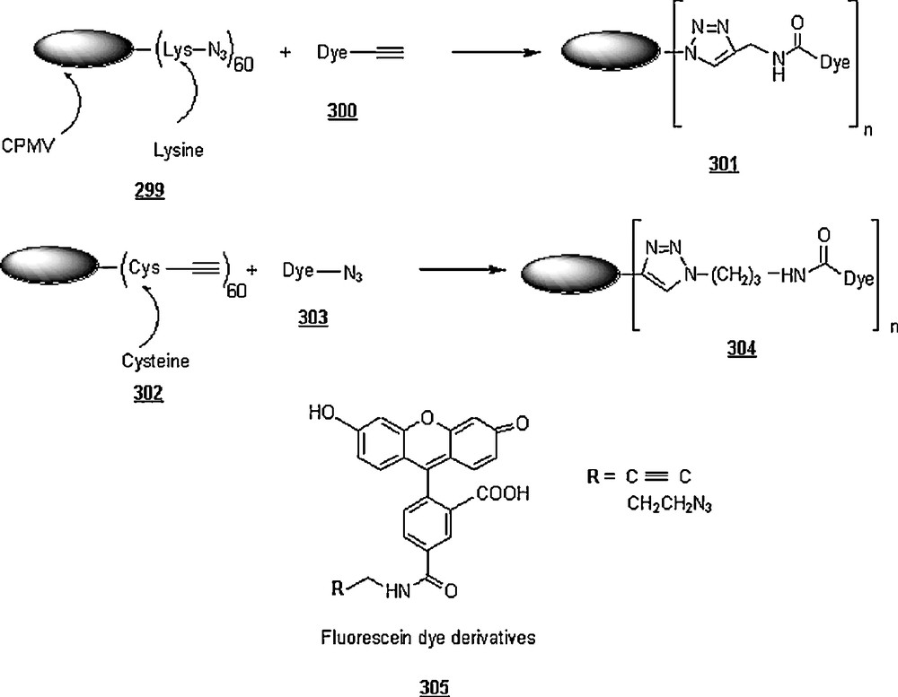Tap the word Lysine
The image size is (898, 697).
[178, 152]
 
